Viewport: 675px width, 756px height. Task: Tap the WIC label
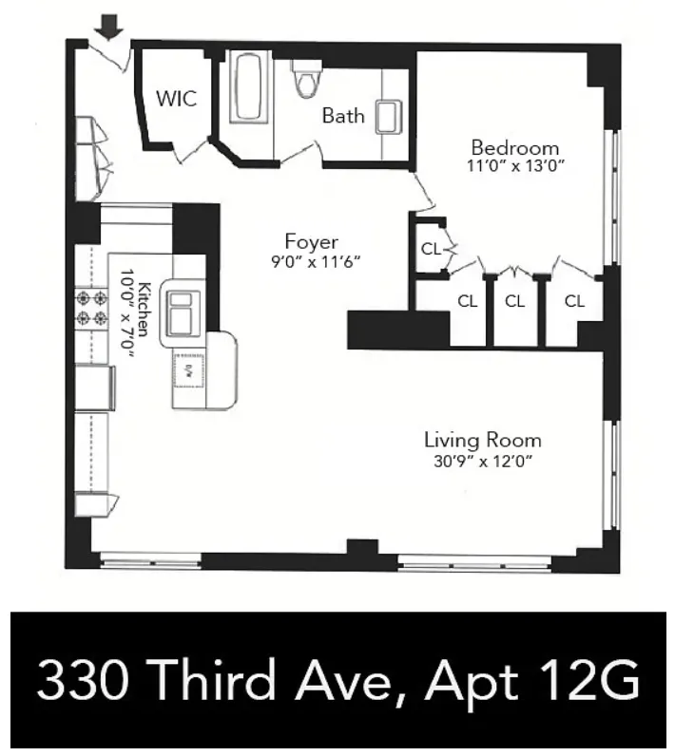tap(177, 99)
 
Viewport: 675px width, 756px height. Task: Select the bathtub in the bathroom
tap(249, 87)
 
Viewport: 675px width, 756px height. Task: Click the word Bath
tap(342, 116)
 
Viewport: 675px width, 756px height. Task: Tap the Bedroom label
tap(514, 148)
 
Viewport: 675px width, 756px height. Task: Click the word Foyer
tap(311, 241)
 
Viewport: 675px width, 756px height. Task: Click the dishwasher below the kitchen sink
tap(189, 369)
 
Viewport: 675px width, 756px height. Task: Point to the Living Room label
tap(482, 441)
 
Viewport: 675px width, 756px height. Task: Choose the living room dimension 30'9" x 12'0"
tap(482, 462)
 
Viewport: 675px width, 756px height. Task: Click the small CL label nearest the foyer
tap(430, 250)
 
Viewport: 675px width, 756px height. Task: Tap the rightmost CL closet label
tap(574, 301)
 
